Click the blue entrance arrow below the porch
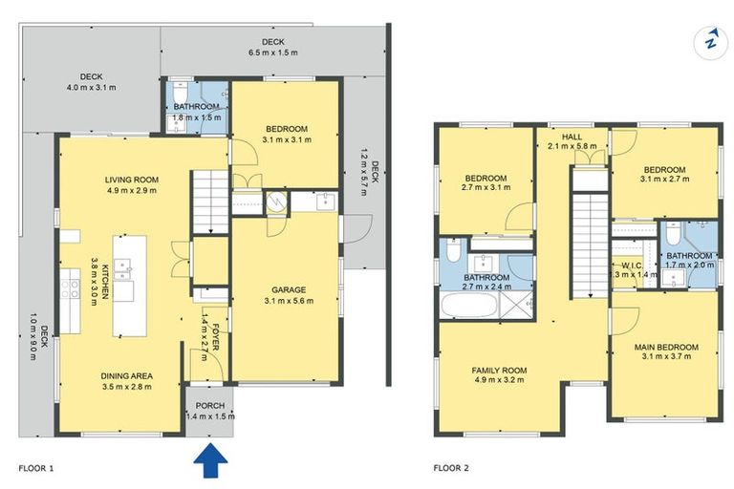(210, 461)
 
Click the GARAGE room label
(289, 290)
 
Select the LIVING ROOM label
(132, 180)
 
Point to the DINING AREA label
(126, 376)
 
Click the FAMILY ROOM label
(499, 371)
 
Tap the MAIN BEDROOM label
(666, 348)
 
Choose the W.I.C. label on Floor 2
(632, 266)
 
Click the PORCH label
(210, 406)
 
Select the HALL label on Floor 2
(572, 137)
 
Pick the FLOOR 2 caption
(451, 468)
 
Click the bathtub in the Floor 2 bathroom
(468, 305)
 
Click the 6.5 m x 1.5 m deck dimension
(273, 53)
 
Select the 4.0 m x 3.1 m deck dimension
(92, 87)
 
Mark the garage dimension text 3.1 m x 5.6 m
(289, 301)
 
